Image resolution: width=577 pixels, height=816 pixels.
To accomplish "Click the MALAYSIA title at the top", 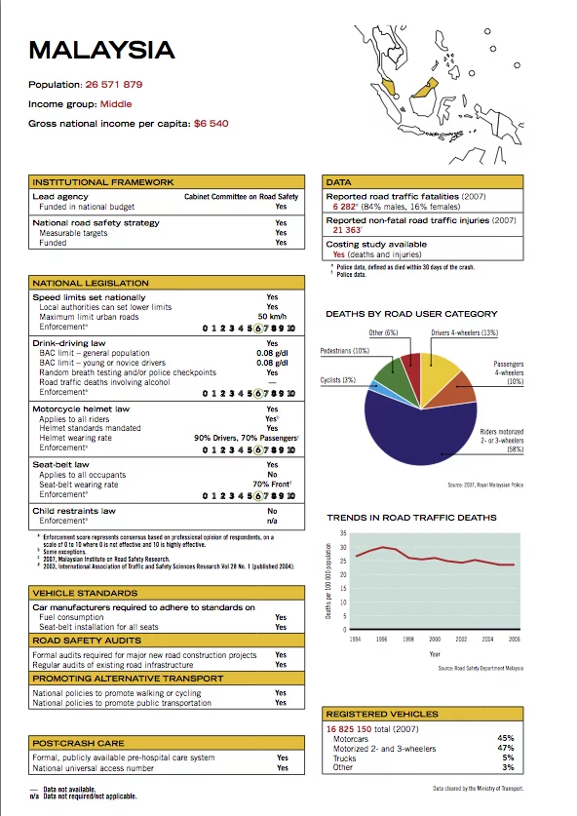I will pyautogui.click(x=102, y=50).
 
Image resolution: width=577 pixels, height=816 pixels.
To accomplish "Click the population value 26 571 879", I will pyautogui.click(x=114, y=85).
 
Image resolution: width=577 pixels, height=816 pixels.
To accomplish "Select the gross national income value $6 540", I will pyautogui.click(x=212, y=124).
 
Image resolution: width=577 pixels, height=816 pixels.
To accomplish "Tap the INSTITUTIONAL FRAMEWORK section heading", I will pyautogui.click(x=103, y=182).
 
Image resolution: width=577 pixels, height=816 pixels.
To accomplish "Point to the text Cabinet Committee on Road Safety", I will pyautogui.click(x=241, y=197).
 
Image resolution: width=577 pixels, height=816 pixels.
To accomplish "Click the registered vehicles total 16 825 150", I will pyautogui.click(x=356, y=728).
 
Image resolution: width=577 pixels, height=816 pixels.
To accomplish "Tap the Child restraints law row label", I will pyautogui.click(x=74, y=511).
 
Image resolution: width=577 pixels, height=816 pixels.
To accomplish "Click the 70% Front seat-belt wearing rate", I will pyautogui.click(x=273, y=484).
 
